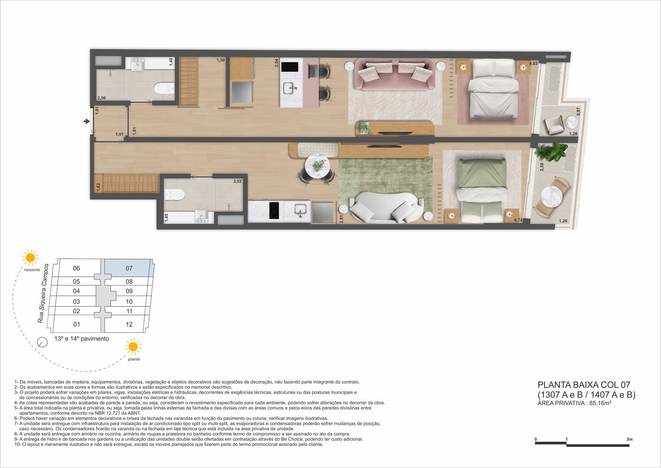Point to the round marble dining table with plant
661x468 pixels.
319,166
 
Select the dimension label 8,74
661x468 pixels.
518,221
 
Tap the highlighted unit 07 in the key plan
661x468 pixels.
129,268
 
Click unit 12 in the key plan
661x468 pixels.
129,324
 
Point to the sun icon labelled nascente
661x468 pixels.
30,258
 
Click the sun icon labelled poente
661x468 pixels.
133,347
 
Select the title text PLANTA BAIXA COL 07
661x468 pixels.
584,385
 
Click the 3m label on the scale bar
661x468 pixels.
629,439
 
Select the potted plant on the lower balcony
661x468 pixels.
551,153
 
